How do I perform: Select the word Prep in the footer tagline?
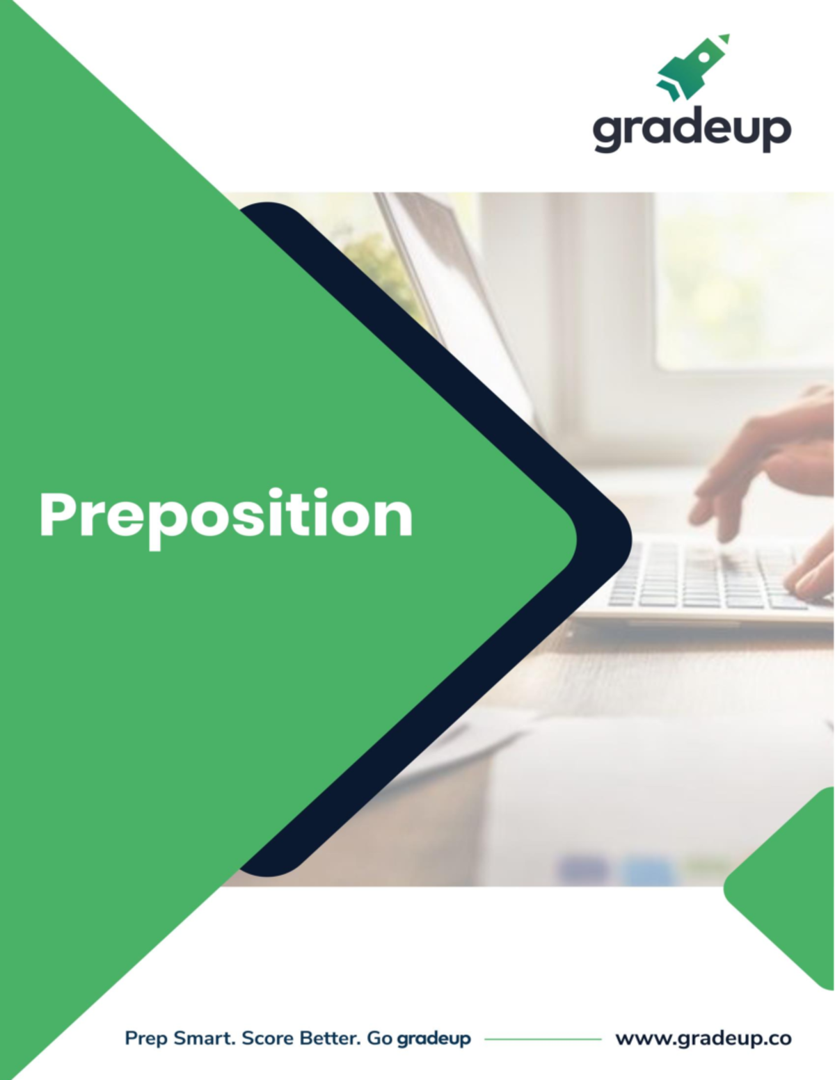point(146,1039)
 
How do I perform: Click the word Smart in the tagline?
point(205,1038)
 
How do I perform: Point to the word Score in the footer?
point(267,1038)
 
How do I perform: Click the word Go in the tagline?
point(379,1038)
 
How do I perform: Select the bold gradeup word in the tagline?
point(434,1039)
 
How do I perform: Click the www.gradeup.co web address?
point(703,1039)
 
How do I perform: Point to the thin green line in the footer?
point(543,1039)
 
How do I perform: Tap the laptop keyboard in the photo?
point(703,577)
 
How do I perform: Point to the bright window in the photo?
point(738,278)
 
